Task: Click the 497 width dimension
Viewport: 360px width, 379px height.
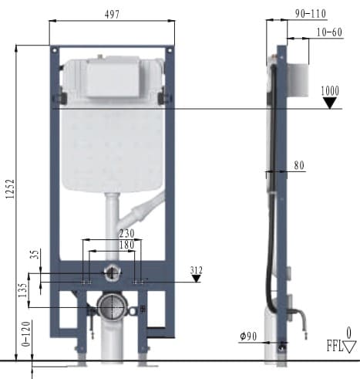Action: [x=109, y=12]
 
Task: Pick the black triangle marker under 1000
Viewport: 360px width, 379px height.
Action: [x=331, y=101]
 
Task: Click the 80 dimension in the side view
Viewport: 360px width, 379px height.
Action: [x=298, y=164]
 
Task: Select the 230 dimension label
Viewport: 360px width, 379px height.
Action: [x=126, y=233]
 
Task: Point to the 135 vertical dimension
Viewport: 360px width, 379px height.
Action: [x=22, y=290]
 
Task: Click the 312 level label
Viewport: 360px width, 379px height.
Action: [x=197, y=269]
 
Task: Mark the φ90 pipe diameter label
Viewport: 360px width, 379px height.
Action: [x=248, y=337]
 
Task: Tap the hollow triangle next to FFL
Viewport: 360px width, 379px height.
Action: [x=349, y=347]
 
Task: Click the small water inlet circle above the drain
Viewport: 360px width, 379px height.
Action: [x=113, y=272]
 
